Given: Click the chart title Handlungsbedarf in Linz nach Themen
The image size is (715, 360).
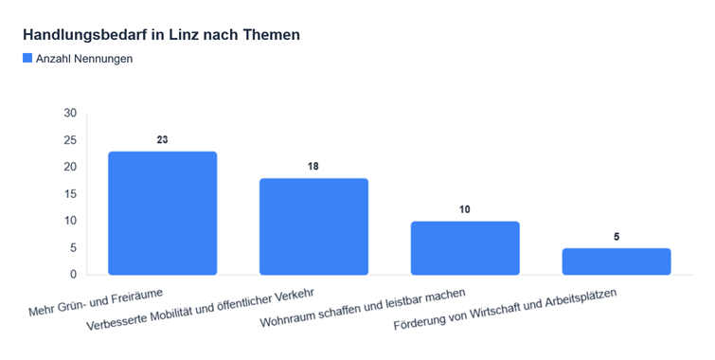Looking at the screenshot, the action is click(x=161, y=35).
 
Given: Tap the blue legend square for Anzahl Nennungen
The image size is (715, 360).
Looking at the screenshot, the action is click(x=27, y=58).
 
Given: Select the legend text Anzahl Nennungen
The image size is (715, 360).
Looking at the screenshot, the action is click(x=84, y=59).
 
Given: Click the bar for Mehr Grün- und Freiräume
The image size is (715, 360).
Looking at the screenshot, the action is click(x=162, y=213).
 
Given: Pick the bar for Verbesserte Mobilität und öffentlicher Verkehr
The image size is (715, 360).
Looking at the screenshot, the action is click(x=313, y=226).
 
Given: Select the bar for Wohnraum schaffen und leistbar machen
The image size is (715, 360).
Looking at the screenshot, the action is click(x=465, y=248).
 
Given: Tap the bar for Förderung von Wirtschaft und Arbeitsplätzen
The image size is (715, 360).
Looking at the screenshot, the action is click(x=617, y=261).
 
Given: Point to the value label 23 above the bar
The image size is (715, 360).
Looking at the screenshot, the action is click(x=162, y=139).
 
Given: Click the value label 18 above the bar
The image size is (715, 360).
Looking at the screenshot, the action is click(x=313, y=167).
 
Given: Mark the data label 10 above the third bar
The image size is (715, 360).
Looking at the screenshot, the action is click(x=465, y=209).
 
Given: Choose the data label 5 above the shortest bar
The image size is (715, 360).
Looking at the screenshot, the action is click(x=617, y=237).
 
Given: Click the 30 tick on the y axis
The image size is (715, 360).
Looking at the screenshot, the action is click(x=70, y=113).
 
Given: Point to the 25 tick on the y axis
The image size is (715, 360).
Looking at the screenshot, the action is click(x=70, y=140).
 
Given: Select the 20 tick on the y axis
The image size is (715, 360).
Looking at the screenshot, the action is click(x=70, y=167).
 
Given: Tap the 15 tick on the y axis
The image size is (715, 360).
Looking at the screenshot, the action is click(x=70, y=194).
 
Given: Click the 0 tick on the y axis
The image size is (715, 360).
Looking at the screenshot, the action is click(x=74, y=275).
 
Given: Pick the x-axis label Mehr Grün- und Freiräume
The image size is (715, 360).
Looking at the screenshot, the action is click(x=96, y=302).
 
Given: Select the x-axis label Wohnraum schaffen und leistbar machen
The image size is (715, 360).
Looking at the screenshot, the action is click(x=363, y=308).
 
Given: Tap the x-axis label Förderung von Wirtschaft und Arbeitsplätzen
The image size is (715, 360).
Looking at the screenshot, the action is click(x=506, y=309).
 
